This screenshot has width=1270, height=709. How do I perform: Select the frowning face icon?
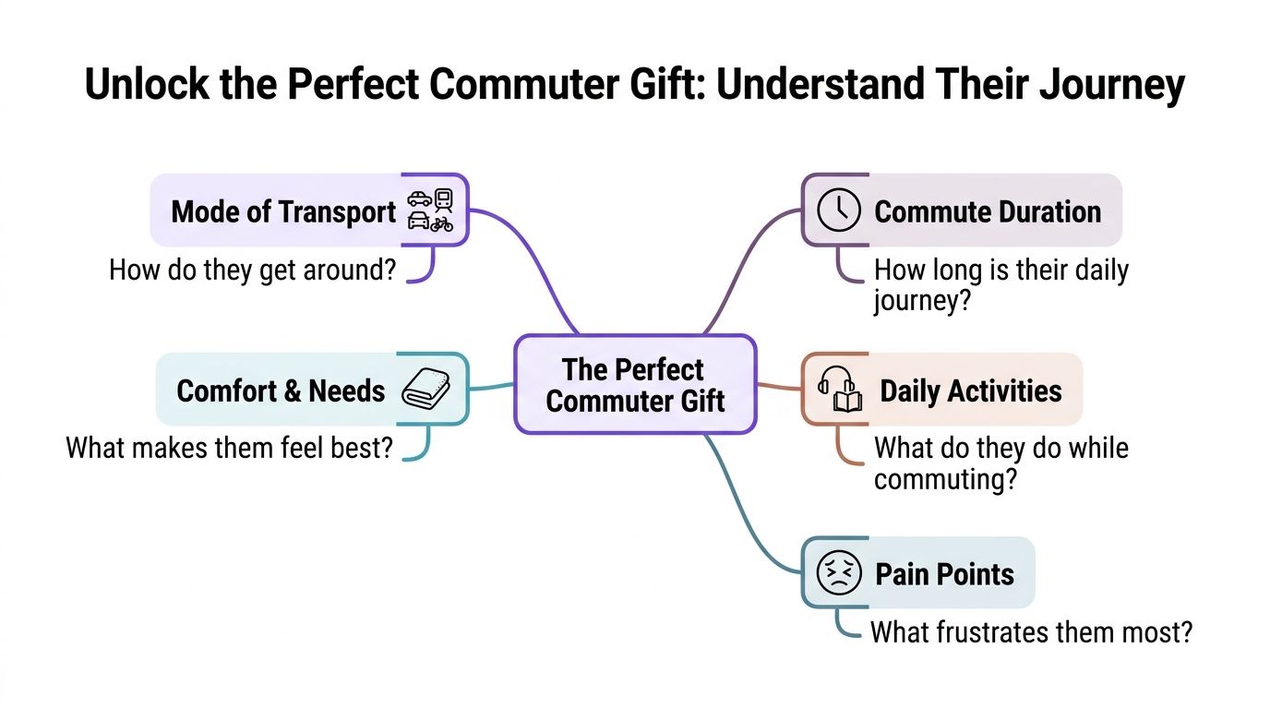click(839, 573)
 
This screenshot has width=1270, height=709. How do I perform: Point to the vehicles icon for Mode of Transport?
click(430, 210)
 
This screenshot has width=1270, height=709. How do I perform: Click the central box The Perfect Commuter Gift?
click(635, 385)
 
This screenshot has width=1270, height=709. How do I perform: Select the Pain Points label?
click(944, 574)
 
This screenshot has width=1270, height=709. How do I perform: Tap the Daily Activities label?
click(970, 391)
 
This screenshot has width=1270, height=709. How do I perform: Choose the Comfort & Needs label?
click(281, 391)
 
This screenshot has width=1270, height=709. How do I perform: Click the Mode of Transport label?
click(283, 211)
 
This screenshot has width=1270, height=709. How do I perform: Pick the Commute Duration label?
click(988, 211)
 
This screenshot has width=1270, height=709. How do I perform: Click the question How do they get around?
click(252, 270)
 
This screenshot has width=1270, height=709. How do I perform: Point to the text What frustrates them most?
click(1031, 632)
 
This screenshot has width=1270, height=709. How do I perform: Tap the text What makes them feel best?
click(230, 449)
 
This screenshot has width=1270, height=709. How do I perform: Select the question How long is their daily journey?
click(1000, 285)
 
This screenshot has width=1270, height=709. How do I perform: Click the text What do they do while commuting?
click(1000, 463)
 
